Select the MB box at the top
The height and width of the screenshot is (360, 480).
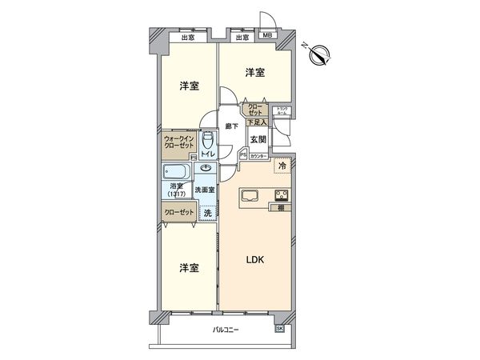[x=267, y=37]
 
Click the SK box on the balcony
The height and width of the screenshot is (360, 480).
[x=279, y=329]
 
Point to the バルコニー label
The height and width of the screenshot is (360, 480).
[x=228, y=330]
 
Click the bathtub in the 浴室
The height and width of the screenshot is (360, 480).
[x=175, y=174]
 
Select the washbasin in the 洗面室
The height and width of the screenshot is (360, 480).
[x=206, y=169]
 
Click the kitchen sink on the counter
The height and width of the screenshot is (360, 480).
[x=248, y=194]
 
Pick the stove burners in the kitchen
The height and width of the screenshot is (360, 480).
[x=282, y=194]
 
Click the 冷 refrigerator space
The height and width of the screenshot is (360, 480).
[x=283, y=166]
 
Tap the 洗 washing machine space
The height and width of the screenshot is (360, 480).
[x=207, y=213]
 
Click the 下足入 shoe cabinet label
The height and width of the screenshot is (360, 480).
[x=257, y=122]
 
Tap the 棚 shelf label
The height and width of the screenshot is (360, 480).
[x=282, y=208]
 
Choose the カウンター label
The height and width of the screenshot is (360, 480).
[x=258, y=157]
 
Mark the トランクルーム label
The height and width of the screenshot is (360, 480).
[x=282, y=112]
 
